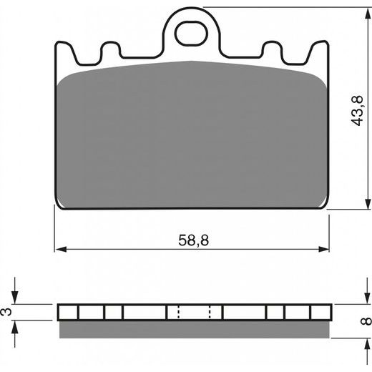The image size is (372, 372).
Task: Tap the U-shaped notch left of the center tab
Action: (x=109, y=52)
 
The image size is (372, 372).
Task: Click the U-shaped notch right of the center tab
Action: (x=272, y=52)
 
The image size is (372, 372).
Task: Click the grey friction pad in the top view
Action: (x=192, y=136)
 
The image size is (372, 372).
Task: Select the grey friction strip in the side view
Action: (x=193, y=328)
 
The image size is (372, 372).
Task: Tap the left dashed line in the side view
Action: (x=177, y=313)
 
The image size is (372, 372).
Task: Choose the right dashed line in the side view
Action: (x=210, y=313)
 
